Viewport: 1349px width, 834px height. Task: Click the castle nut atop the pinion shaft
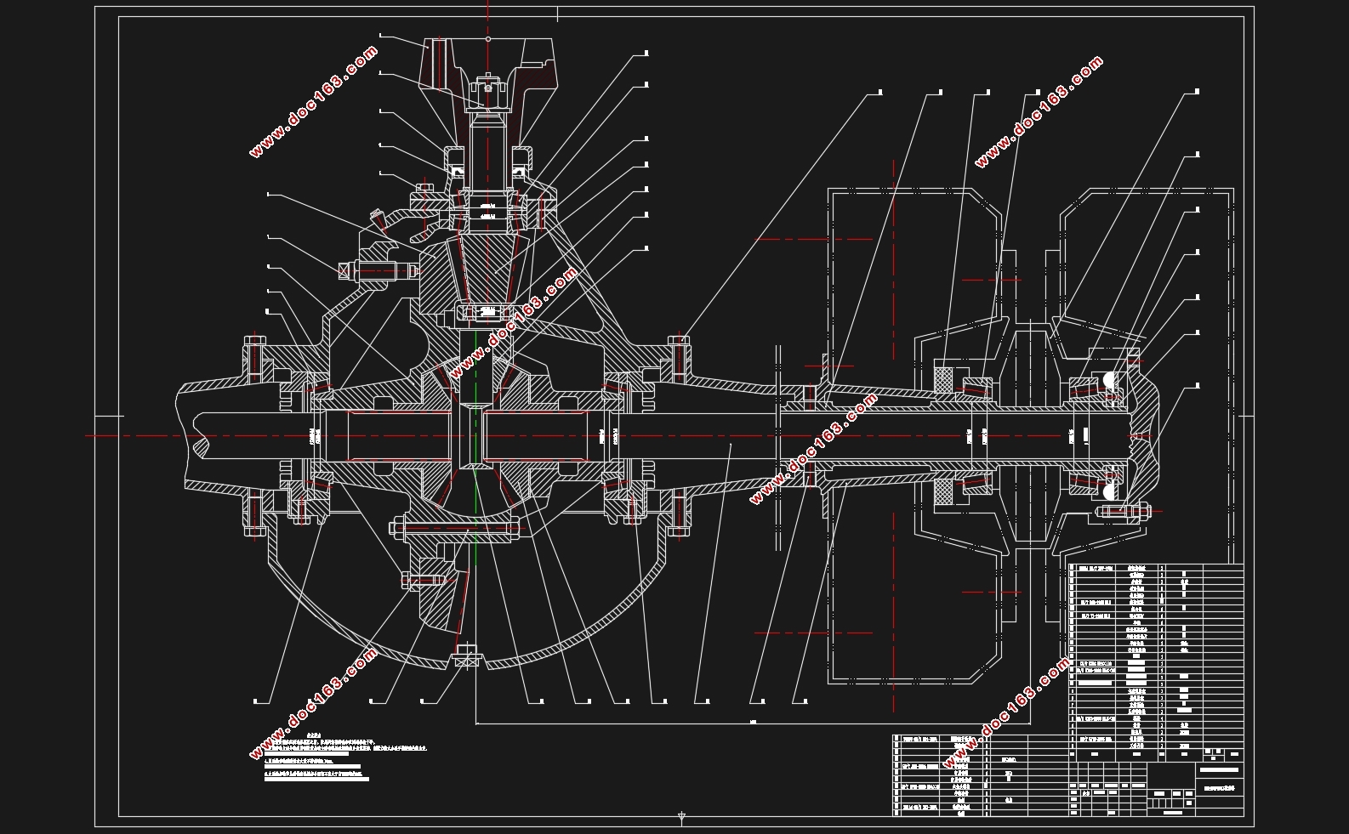click(487, 85)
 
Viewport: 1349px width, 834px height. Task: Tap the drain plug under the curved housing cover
click(466, 656)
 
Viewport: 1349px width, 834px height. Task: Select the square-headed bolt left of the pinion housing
click(345, 271)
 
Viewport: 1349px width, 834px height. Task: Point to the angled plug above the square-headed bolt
click(377, 218)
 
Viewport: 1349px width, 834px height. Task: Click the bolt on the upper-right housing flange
click(678, 357)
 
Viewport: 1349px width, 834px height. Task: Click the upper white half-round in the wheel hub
click(1110, 381)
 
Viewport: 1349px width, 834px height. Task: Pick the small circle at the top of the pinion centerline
click(487, 39)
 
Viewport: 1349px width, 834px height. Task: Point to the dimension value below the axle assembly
click(754, 723)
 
